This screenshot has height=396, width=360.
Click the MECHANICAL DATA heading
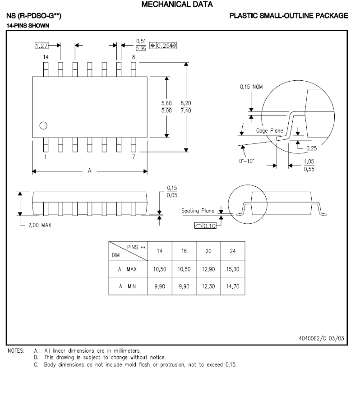coord(177,5)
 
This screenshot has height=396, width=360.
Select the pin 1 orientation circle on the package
coord(43,126)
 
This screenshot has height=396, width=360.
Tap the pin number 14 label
coord(46,57)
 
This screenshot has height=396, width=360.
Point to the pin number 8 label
coord(134,57)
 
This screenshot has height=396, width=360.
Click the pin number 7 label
coord(134,157)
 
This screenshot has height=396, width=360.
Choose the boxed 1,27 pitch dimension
coord(41,45)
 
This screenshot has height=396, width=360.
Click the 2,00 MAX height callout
coord(40,226)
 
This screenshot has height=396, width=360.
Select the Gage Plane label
coord(269,130)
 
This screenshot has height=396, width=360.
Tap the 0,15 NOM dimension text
coord(251,87)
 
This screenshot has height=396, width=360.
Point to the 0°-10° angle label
coord(247,160)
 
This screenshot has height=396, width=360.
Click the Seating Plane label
coord(198,211)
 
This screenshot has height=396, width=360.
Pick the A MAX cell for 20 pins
coord(208,269)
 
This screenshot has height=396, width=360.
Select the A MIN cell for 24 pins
coord(233,286)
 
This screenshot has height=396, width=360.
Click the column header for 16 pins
coord(184,251)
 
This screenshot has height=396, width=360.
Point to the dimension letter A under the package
coord(89,171)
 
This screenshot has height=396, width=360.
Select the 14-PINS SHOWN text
coord(28,26)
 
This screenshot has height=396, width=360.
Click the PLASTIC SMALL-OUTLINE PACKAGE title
coord(289,16)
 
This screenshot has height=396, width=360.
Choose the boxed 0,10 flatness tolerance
coord(209,226)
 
